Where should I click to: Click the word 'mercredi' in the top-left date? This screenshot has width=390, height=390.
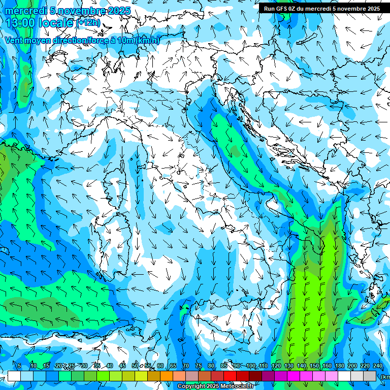23,11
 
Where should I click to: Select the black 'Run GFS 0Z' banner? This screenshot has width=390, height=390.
321,8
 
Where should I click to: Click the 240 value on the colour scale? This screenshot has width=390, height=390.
377,366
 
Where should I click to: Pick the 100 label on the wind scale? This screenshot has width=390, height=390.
251,366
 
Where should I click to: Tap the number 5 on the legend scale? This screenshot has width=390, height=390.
19,366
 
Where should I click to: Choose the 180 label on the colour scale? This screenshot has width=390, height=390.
339,366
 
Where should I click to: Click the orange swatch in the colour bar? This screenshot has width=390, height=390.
167,376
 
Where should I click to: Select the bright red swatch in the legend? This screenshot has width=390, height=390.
230,376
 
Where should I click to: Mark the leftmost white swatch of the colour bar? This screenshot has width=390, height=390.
14,376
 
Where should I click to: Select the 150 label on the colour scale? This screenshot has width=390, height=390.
314,366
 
